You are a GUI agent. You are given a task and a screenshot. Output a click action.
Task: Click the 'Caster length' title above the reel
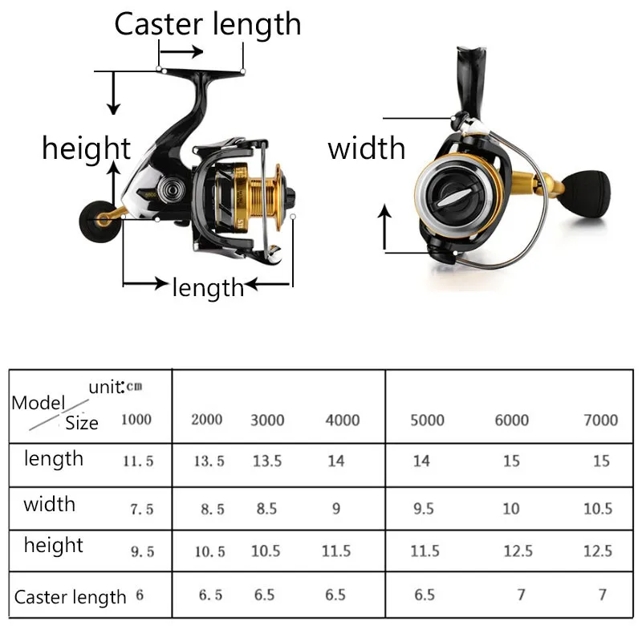click(x=207, y=24)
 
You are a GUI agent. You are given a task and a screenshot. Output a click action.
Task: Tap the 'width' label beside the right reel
click(x=367, y=148)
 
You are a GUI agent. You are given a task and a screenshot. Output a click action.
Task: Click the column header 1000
click(x=136, y=419)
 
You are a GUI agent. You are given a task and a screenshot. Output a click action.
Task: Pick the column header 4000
click(x=343, y=420)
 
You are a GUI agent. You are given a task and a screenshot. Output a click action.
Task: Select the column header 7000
click(x=600, y=420)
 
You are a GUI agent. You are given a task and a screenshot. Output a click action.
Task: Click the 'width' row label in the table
click(x=49, y=504)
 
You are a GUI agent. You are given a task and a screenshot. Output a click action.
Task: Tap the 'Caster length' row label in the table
click(x=71, y=596)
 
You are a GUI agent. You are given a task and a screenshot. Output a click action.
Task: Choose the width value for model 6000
click(x=511, y=508)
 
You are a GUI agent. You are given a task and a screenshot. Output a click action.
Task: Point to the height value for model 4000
click(x=335, y=551)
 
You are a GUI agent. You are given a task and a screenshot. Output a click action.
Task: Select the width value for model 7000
click(x=598, y=508)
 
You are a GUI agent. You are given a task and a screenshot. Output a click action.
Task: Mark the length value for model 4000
click(x=335, y=461)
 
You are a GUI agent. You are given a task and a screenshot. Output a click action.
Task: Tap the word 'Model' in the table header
click(x=37, y=403)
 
